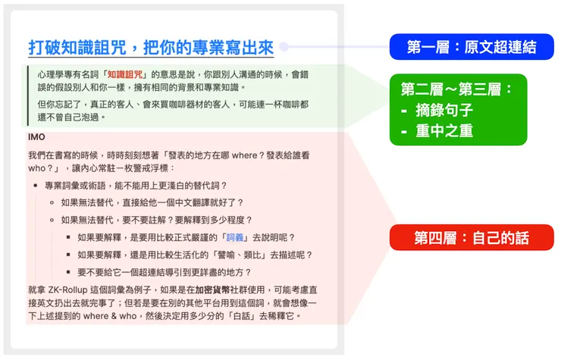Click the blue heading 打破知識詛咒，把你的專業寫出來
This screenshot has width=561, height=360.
pyautogui.click(x=150, y=47)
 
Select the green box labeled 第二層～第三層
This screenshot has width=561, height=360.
pyautogui.click(x=457, y=89)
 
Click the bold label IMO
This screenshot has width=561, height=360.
pyautogui.click(x=36, y=136)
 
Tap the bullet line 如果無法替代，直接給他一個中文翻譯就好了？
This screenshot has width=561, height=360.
pyautogui.click(x=152, y=202)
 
